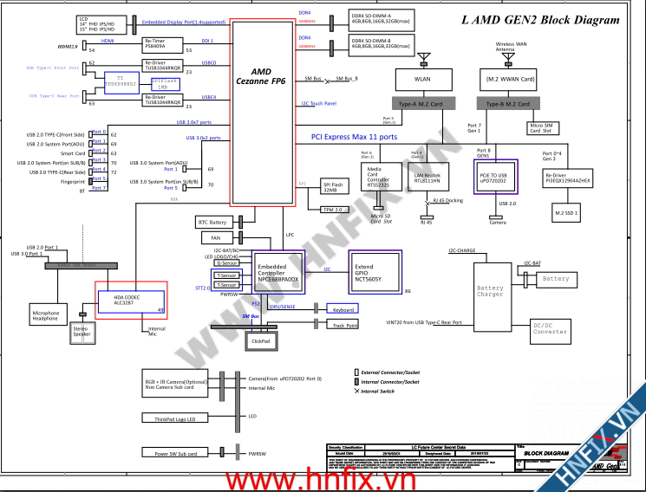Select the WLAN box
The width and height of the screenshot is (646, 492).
[x=423, y=80]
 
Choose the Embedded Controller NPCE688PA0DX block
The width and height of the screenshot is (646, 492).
[x=279, y=272]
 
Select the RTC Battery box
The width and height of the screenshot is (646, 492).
[x=212, y=223]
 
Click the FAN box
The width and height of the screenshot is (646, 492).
[x=216, y=236]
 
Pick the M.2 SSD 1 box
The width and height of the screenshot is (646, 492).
[x=566, y=211]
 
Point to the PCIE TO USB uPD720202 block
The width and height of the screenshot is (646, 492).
[x=495, y=177]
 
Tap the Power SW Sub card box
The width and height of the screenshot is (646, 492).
[x=176, y=453]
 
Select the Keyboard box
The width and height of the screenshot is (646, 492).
[x=343, y=309]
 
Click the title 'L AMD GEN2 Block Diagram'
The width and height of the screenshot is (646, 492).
[x=541, y=20]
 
